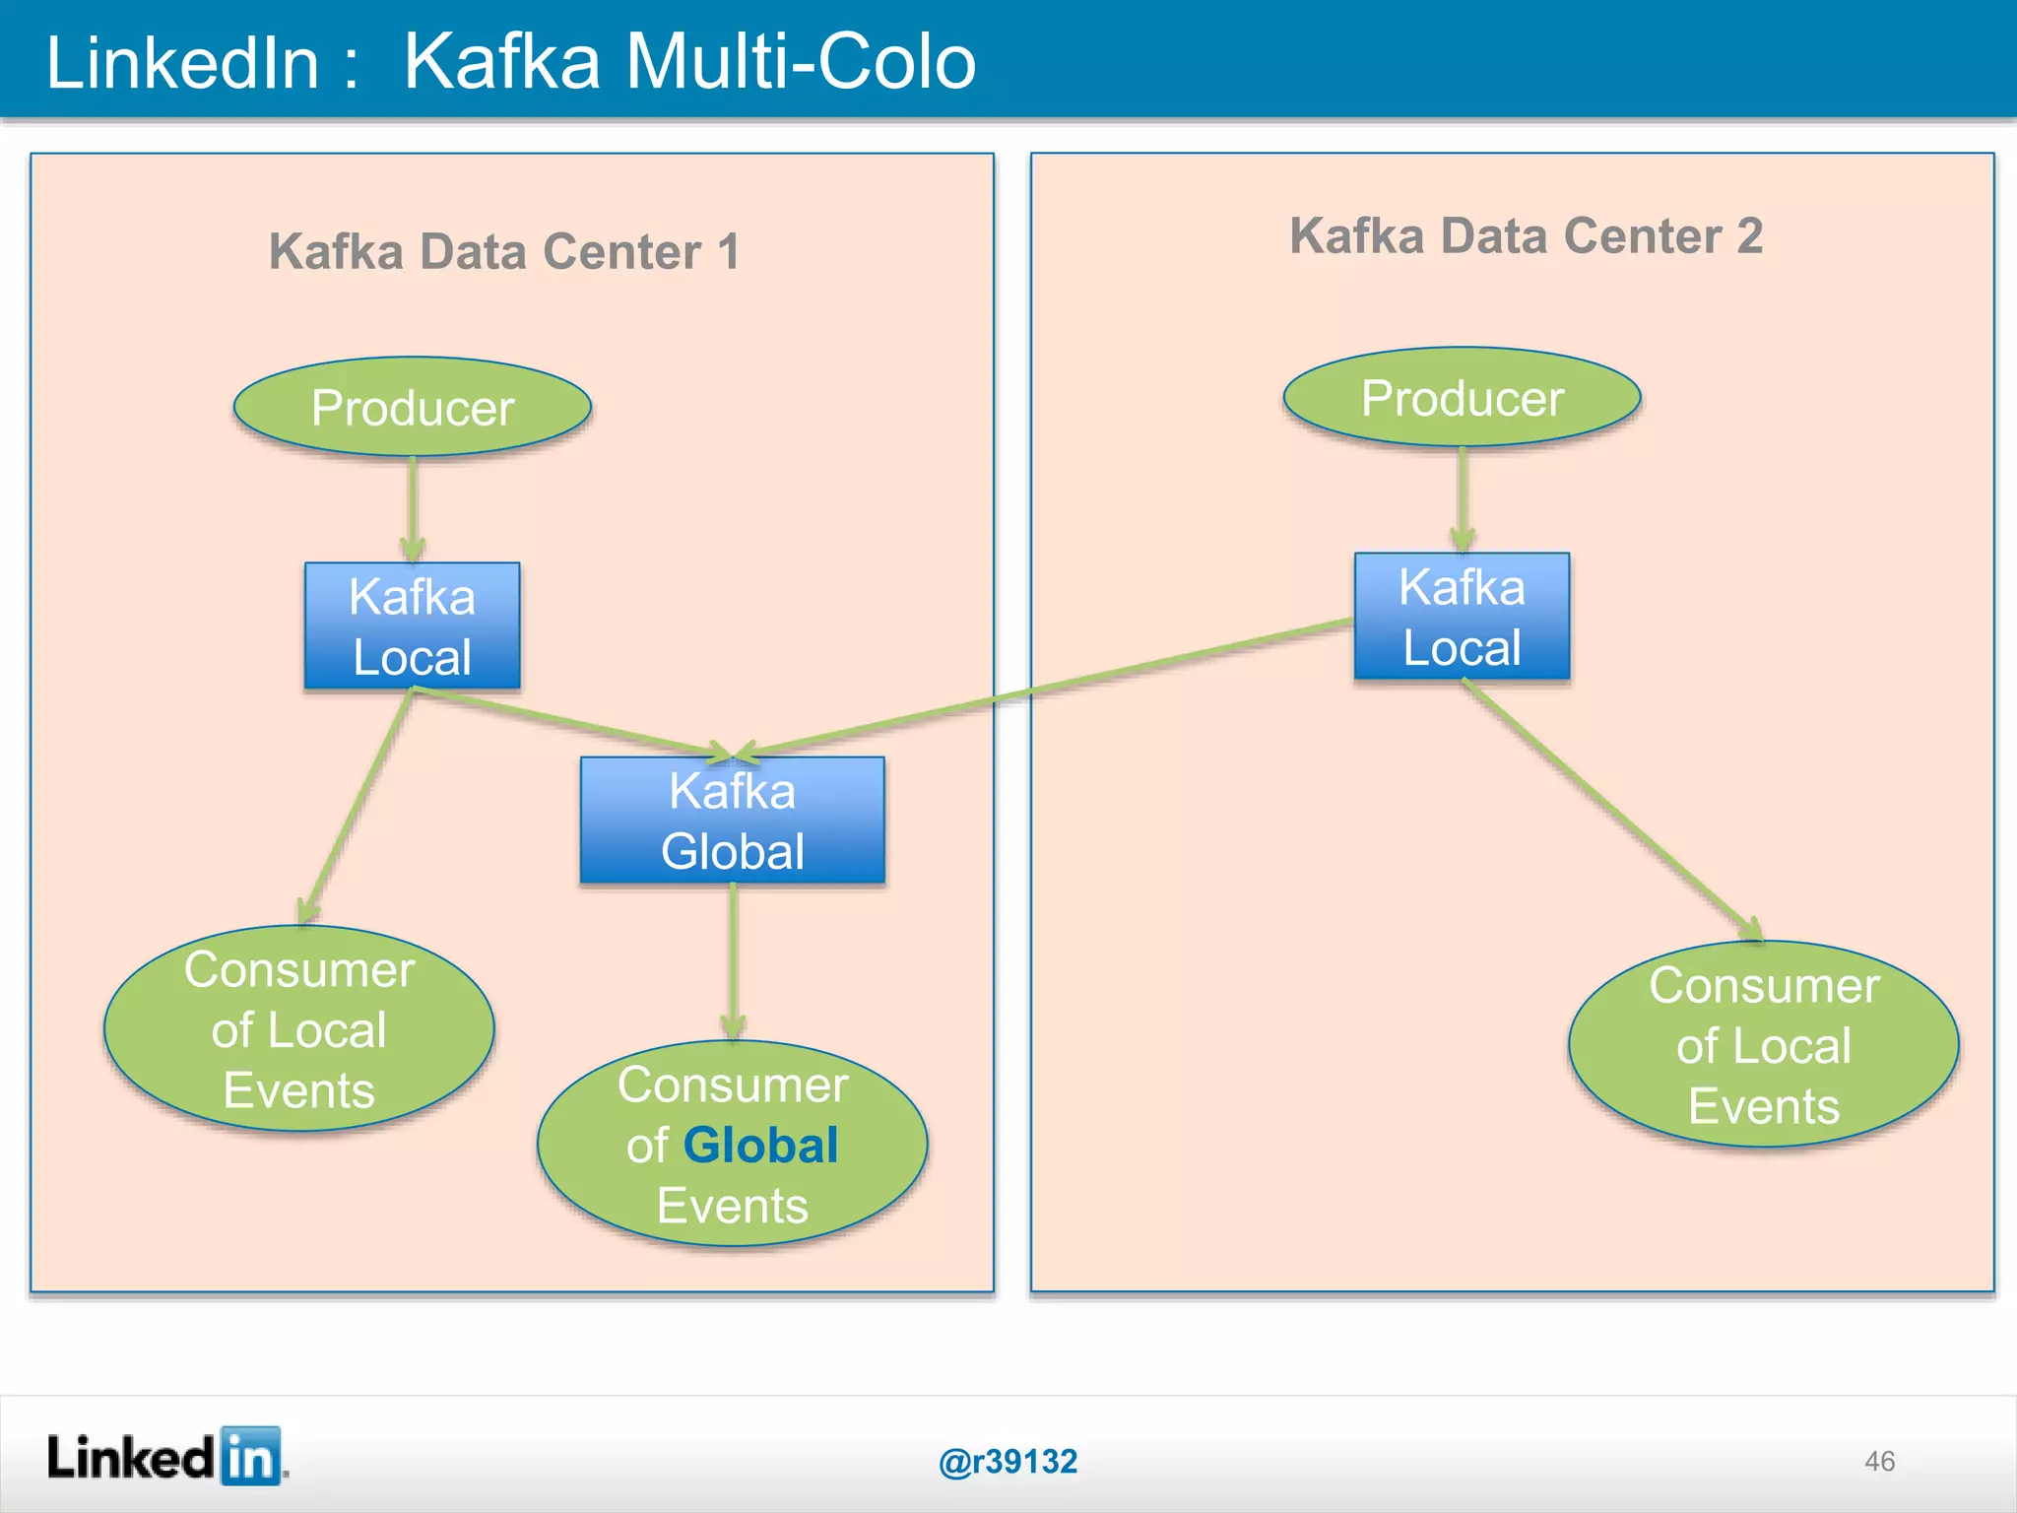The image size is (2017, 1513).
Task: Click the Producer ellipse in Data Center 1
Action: click(412, 407)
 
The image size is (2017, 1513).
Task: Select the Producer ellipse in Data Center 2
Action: click(1462, 397)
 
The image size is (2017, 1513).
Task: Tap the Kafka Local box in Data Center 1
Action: click(412, 625)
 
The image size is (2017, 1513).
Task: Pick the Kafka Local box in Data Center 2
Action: click(1462, 617)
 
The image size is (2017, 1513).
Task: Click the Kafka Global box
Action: click(732, 820)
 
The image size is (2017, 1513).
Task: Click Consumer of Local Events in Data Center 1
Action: click(298, 1028)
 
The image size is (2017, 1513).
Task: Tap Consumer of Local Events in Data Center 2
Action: click(1763, 1044)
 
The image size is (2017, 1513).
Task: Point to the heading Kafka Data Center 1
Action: click(504, 251)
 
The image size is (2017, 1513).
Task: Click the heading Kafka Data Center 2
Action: click(1526, 236)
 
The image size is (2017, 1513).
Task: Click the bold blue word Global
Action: click(760, 1146)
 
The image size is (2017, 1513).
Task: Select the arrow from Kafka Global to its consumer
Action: click(733, 960)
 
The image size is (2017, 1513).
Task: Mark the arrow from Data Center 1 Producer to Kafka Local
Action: click(413, 507)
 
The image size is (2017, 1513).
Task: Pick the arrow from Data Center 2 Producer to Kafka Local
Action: click(1463, 497)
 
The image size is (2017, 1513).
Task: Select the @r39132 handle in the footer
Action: click(1008, 1461)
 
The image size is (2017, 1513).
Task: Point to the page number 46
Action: click(1879, 1461)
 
